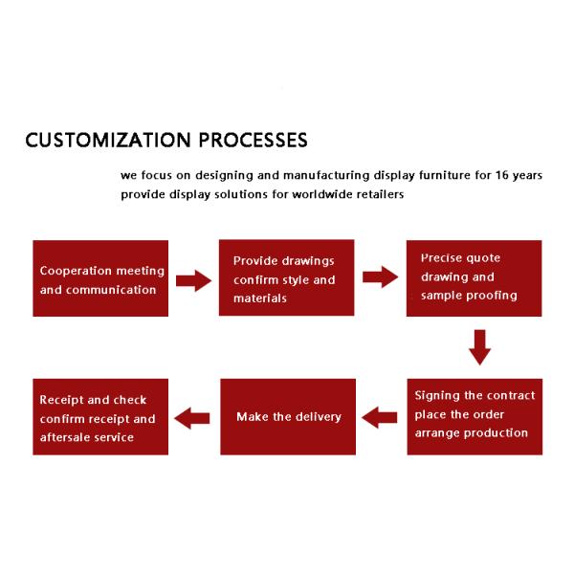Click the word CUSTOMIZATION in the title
[108, 140]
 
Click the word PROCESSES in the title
[253, 140]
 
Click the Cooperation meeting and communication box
[100, 278]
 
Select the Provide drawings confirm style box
[287, 277]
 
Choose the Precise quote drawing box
[475, 278]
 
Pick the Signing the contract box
[475, 416]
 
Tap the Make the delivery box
[288, 416]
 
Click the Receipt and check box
[100, 416]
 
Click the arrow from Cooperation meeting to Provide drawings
[193, 280]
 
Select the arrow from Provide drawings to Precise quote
[381, 276]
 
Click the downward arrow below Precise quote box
[480, 347]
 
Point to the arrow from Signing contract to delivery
[379, 418]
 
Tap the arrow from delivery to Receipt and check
[192, 418]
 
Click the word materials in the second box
[260, 298]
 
